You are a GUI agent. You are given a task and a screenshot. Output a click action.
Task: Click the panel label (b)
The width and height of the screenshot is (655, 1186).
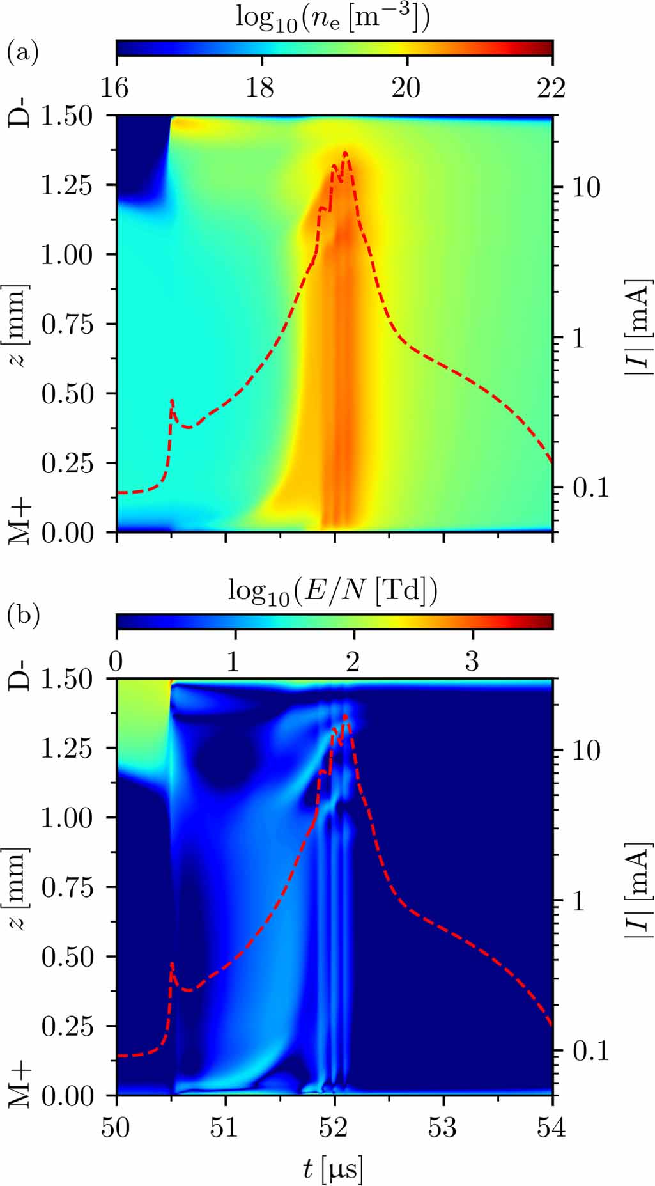23,615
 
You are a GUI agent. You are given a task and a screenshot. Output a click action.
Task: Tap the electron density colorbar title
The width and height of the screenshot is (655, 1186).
333,18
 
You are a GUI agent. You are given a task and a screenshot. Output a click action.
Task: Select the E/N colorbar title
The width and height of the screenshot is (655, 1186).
333,591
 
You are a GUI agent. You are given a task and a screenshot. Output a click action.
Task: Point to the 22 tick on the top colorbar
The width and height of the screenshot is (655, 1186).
551,87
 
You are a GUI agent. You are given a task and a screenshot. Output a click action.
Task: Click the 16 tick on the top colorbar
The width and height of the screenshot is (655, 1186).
115,87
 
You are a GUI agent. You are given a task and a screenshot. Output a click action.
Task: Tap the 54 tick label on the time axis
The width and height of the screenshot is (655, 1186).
551,1128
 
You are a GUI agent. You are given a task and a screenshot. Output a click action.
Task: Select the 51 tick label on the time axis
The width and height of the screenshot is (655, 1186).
225,1128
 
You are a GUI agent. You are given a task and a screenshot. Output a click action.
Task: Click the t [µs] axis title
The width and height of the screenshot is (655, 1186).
333,1169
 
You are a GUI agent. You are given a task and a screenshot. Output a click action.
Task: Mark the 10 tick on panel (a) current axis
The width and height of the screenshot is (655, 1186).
586,188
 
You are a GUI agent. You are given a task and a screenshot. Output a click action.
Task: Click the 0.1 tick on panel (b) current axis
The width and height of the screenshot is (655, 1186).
590,1050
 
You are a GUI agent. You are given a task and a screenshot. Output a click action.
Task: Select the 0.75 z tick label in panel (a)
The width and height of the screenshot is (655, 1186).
67,324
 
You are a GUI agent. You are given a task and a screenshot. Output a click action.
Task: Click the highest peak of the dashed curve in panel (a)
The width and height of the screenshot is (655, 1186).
346,153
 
